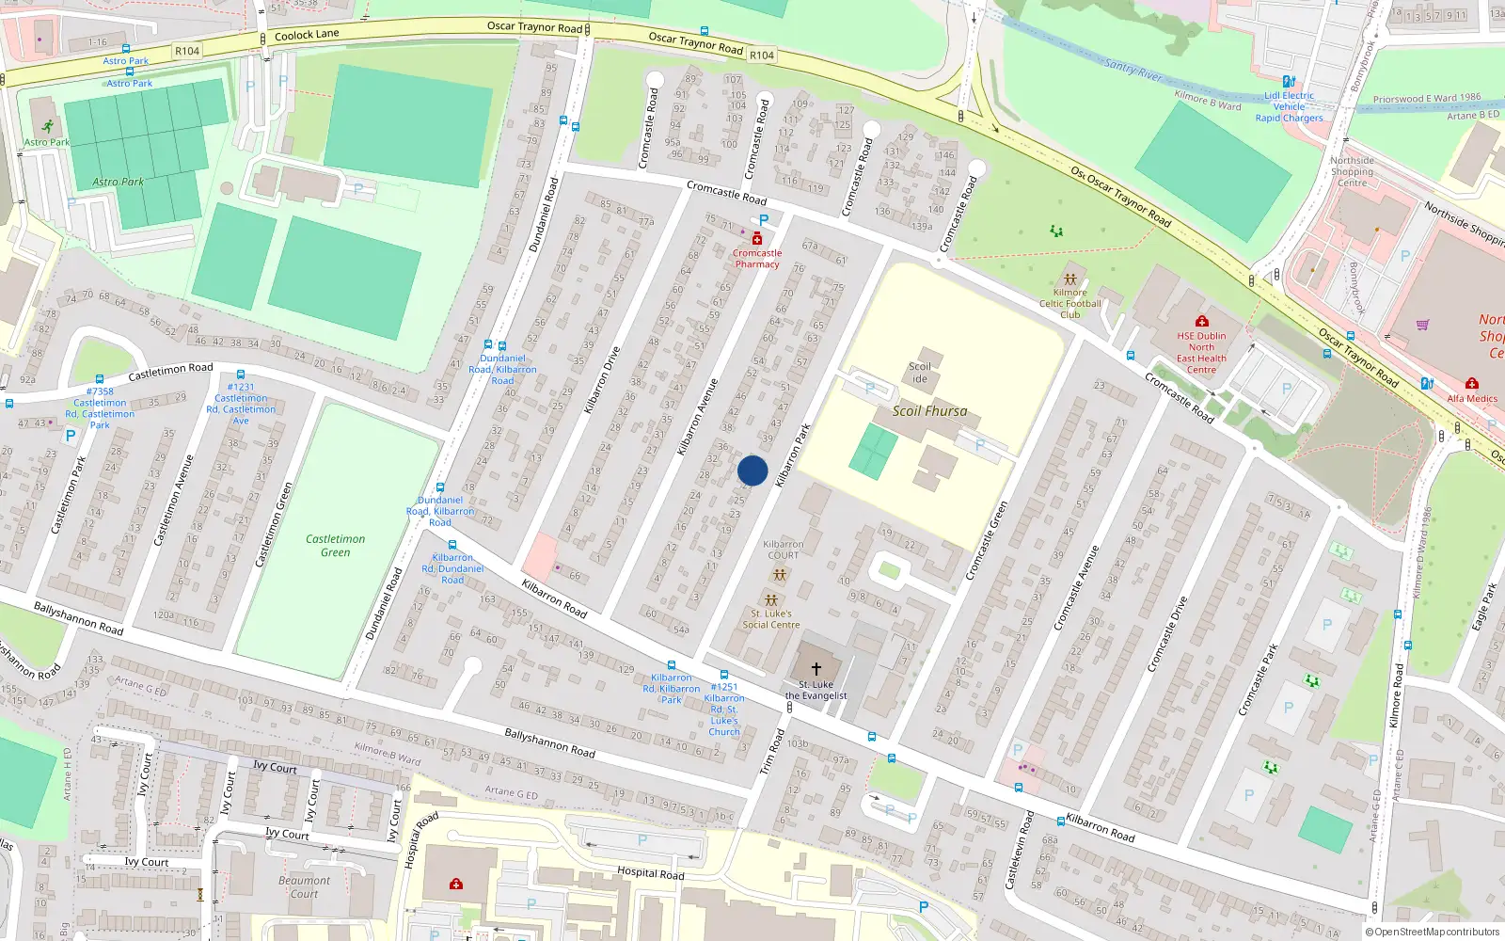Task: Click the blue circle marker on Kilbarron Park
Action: [x=752, y=470]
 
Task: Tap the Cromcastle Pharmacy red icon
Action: [x=757, y=239]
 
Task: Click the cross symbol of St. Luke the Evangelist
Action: [x=816, y=668]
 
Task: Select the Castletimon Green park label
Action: [x=335, y=546]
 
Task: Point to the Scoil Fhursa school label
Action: [x=929, y=411]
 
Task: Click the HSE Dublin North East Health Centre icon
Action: [x=1201, y=321]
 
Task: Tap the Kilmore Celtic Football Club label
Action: [x=1069, y=303]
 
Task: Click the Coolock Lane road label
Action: [x=307, y=35]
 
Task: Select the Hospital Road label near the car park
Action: [x=650, y=872]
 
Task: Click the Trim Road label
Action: [x=771, y=752]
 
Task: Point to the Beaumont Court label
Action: [x=304, y=887]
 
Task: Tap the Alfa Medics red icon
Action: [x=1471, y=383]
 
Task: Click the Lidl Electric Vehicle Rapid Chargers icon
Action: [x=1288, y=82]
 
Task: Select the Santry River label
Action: [x=1133, y=69]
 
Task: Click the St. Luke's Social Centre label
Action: [x=770, y=619]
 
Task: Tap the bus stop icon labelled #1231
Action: [x=241, y=375]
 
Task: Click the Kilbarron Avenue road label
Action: [x=698, y=417]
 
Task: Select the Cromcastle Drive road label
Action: [x=1167, y=633]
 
